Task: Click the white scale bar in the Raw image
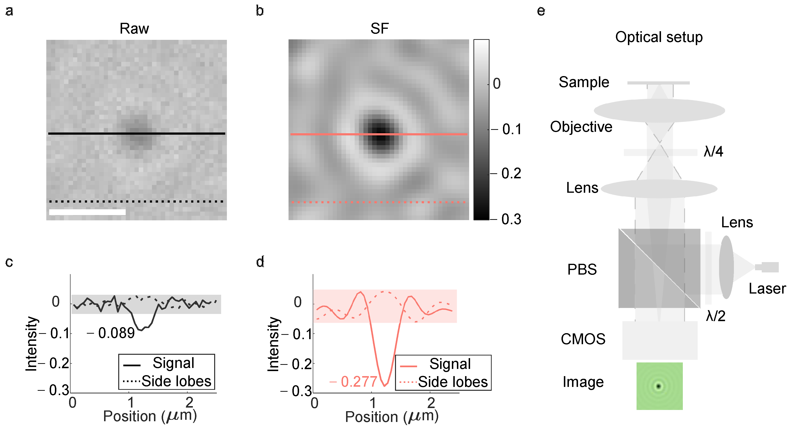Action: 87,212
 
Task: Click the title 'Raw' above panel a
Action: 134,29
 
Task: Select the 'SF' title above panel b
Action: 379,29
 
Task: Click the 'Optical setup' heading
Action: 659,37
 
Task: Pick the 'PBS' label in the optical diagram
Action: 582,269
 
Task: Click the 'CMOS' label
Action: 583,339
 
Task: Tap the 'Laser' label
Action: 767,289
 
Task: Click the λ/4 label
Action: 713,152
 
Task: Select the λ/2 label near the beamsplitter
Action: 715,316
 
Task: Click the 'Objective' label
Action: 581,127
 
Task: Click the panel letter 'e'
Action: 541,11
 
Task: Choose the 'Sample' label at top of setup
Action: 584,82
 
